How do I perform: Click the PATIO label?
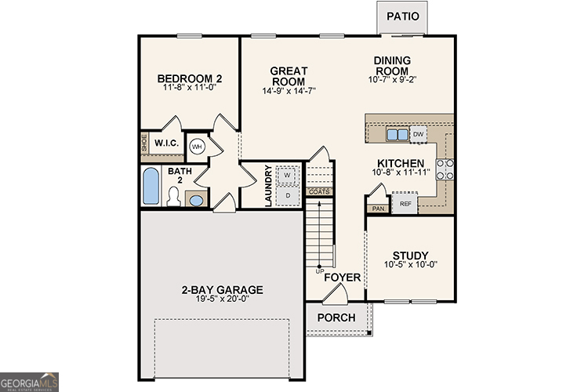point(402,16)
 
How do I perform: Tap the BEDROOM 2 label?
point(190,78)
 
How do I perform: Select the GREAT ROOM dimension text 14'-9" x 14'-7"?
point(289,91)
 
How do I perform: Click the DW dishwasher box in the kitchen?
point(419,135)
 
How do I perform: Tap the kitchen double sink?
point(397,135)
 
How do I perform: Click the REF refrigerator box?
point(405,204)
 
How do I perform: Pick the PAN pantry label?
point(378,209)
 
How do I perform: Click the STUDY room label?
point(410,256)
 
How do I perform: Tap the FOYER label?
point(343,278)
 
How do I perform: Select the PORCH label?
point(336,318)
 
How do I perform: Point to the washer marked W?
point(288,174)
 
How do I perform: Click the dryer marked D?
point(288,194)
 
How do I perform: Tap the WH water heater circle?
point(197,146)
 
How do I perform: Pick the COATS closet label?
point(319,191)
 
